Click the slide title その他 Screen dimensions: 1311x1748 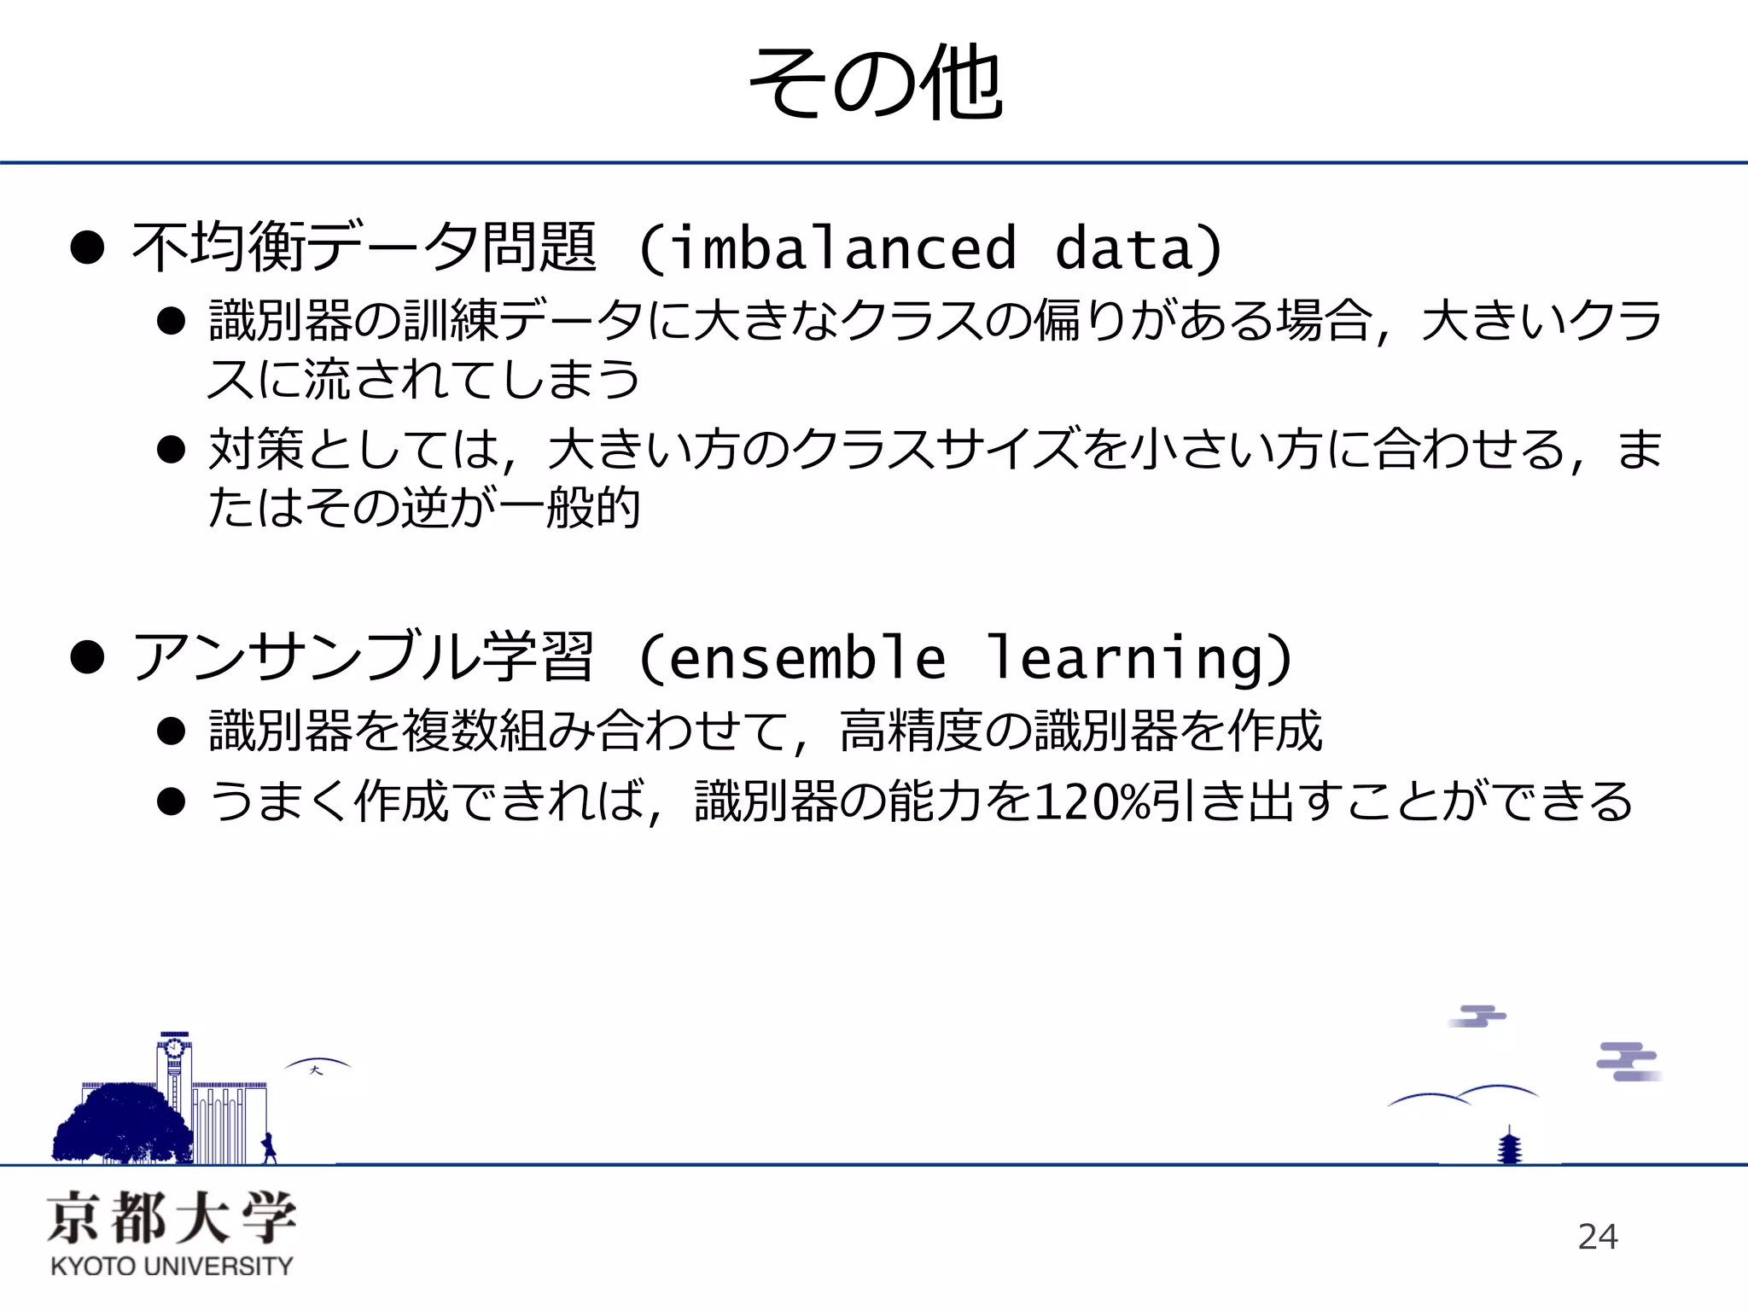click(875, 84)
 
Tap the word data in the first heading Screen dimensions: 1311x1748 click(1123, 248)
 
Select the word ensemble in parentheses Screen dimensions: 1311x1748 click(807, 658)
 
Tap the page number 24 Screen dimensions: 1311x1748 click(1598, 1237)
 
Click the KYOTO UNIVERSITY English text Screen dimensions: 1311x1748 click(172, 1266)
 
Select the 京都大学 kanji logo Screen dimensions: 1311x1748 click(172, 1217)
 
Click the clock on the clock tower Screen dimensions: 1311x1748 click(174, 1047)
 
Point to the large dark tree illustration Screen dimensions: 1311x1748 click(121, 1122)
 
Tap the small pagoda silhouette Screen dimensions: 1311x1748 click(1510, 1146)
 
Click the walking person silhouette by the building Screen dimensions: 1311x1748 click(270, 1148)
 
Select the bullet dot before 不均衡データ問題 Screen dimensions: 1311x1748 click(87, 248)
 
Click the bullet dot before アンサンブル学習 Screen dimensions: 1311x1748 click(87, 658)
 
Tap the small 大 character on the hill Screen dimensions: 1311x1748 click(317, 1070)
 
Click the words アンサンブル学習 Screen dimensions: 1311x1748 click(363, 658)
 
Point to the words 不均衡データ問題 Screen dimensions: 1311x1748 click(364, 248)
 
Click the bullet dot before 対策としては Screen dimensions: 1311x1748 click(172, 449)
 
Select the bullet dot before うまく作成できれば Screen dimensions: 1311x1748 click(172, 801)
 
